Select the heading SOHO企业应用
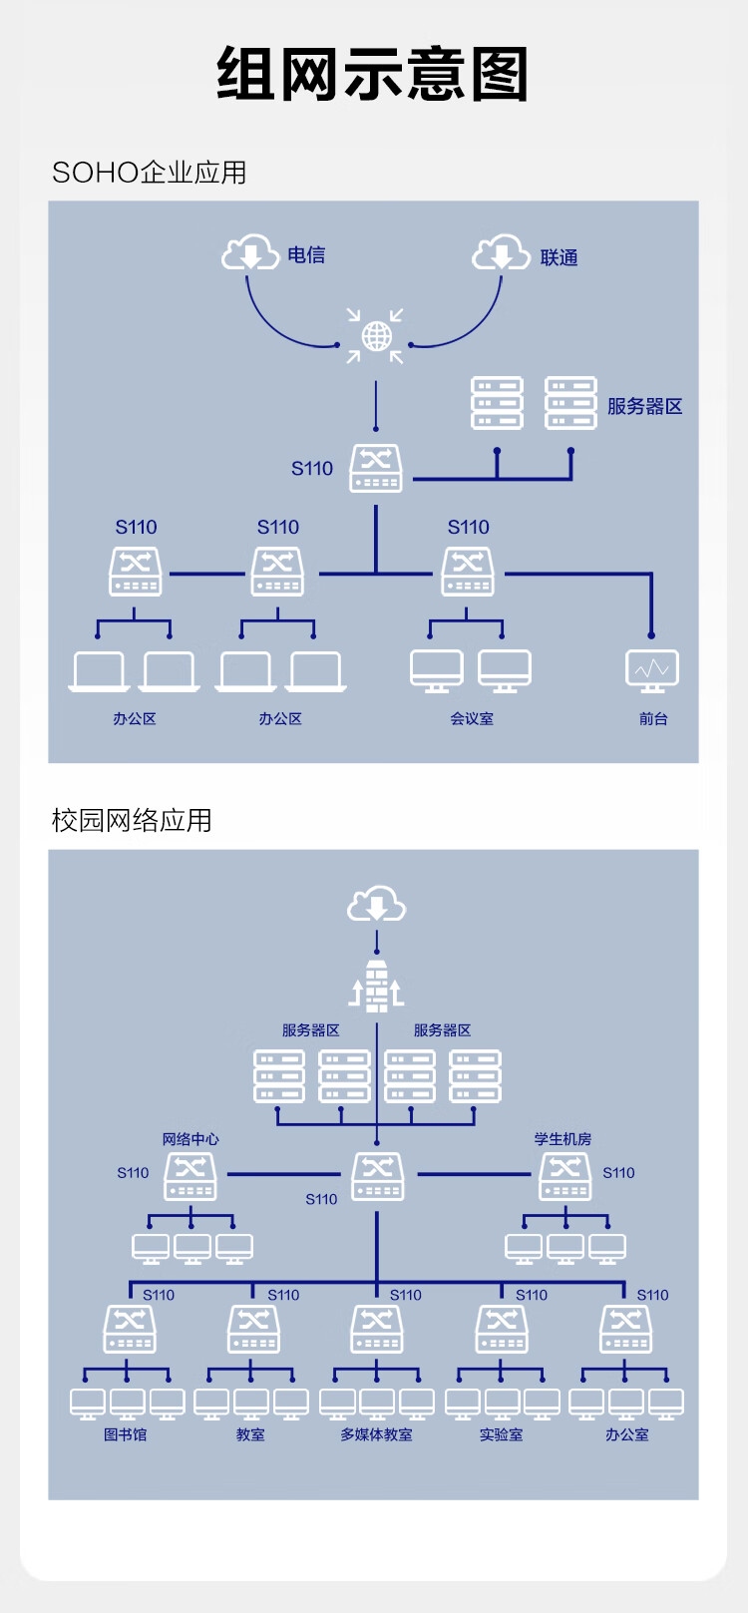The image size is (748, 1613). click(149, 173)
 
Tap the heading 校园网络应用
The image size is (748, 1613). click(132, 820)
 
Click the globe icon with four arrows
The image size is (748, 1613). click(376, 336)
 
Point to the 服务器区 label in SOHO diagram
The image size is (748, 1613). click(644, 406)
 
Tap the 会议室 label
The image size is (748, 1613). click(472, 718)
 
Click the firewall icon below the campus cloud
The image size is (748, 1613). click(376, 986)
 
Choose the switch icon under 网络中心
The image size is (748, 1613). click(190, 1177)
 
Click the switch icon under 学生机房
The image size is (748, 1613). click(565, 1177)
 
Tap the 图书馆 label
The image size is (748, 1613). click(126, 1434)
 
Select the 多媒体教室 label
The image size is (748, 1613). click(376, 1434)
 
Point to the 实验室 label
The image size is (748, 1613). click(501, 1434)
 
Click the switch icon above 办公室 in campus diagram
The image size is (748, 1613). click(625, 1329)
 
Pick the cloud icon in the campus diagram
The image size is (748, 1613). click(376, 905)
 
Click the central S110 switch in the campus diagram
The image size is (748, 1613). click(377, 1176)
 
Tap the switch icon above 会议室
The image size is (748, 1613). click(468, 573)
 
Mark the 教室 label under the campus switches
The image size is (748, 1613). click(250, 1434)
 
